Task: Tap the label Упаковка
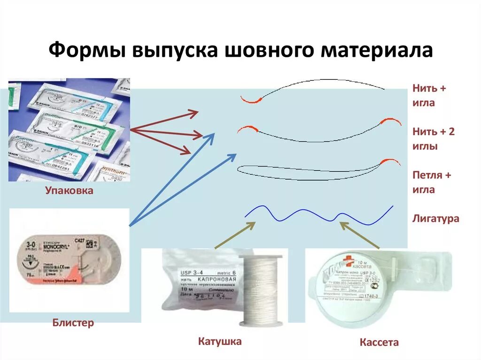point(69,191)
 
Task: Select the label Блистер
point(73,322)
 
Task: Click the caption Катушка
point(219,341)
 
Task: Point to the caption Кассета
point(379,342)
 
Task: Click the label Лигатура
point(435,219)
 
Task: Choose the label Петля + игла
point(431,182)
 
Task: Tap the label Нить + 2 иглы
point(433,138)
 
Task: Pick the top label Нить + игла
point(429,95)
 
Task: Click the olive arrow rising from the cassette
point(359,235)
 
